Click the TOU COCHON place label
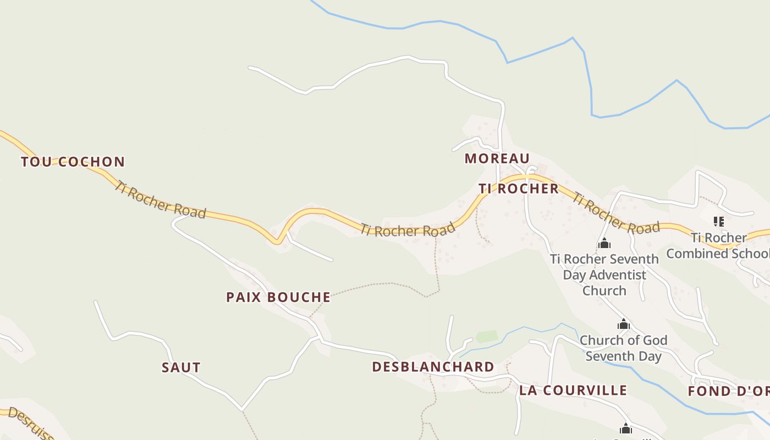click(x=73, y=162)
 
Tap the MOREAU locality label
click(x=497, y=158)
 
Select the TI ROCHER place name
click(x=519, y=189)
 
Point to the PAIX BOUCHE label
click(x=278, y=297)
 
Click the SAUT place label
click(x=181, y=367)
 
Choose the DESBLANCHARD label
click(x=433, y=367)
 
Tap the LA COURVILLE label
click(x=573, y=391)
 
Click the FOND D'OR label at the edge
click(x=729, y=392)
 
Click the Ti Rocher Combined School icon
click(x=718, y=222)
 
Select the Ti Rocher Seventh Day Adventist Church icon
click(x=604, y=243)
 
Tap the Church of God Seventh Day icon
click(x=623, y=324)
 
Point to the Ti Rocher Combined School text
click(x=718, y=246)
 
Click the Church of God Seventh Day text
click(x=623, y=348)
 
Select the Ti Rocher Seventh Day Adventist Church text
click(x=604, y=274)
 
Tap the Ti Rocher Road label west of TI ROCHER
click(x=408, y=229)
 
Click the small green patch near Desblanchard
click(x=486, y=336)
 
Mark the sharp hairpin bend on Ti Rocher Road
click(x=278, y=240)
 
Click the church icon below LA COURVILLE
click(x=625, y=428)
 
